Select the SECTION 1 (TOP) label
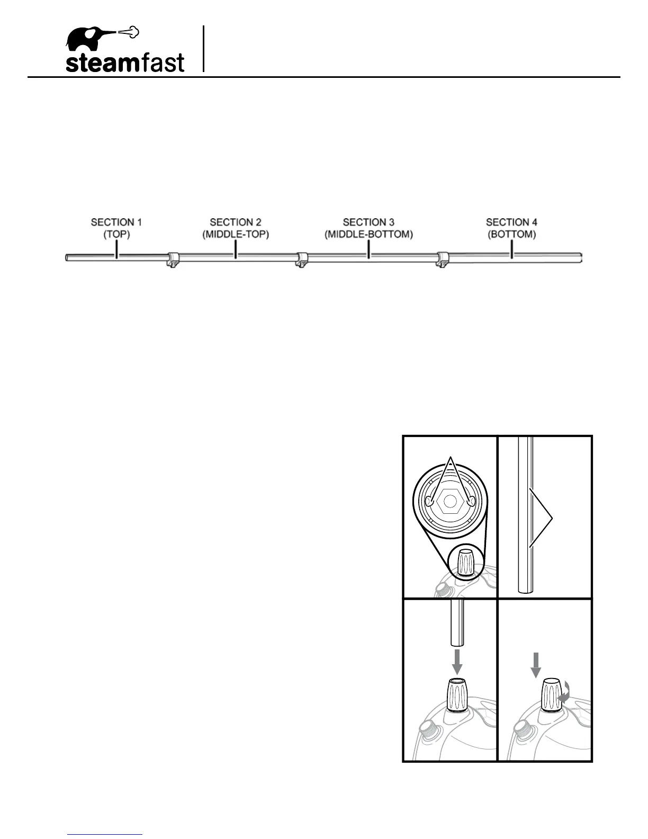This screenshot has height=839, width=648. (116, 228)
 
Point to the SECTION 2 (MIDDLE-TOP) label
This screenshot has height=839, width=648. (236, 228)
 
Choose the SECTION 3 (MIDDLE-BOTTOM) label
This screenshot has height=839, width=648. (368, 228)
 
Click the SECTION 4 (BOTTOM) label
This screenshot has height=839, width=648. (511, 228)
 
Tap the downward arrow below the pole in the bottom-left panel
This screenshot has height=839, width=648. (458, 662)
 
